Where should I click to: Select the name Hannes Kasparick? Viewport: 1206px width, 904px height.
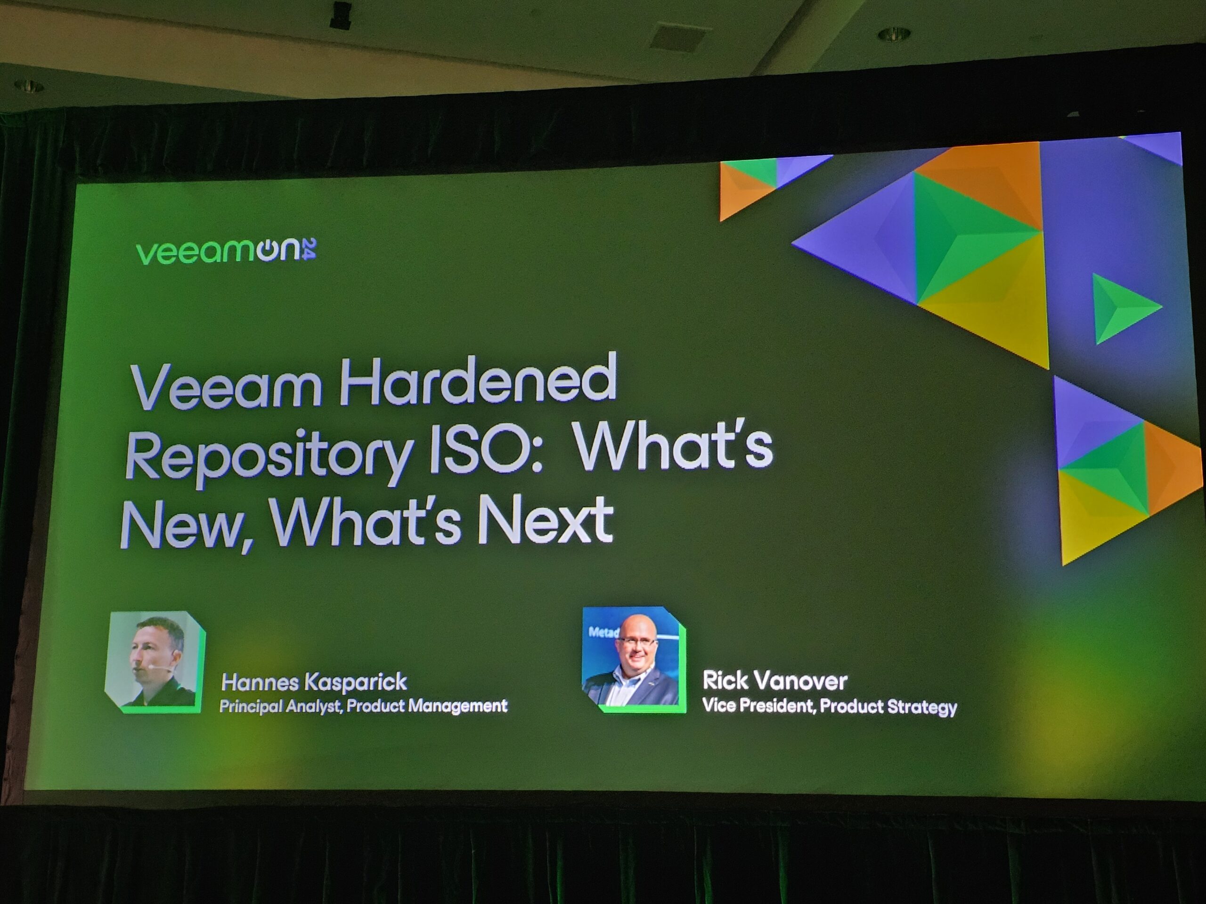click(x=314, y=682)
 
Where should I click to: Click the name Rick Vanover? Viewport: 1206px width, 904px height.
click(x=775, y=680)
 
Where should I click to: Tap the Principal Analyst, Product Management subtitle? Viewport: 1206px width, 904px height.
click(x=363, y=707)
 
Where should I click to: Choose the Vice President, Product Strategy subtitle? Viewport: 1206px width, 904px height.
click(x=829, y=707)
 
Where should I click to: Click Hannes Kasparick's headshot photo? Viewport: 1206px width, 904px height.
click(x=155, y=662)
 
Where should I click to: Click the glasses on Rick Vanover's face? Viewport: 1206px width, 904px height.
click(x=636, y=643)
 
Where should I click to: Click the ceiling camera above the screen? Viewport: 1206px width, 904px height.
click(x=341, y=14)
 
